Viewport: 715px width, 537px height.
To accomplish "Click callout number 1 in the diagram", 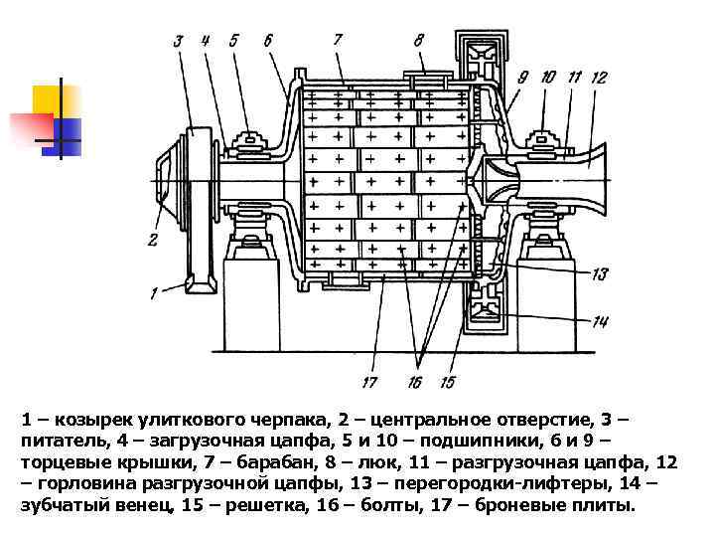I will (154, 291).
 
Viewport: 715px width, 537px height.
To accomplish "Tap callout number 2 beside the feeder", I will (152, 239).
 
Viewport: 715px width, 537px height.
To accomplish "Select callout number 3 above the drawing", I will (178, 42).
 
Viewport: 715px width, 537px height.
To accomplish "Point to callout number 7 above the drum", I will (337, 40).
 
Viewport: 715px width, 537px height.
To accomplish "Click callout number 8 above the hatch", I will (418, 40).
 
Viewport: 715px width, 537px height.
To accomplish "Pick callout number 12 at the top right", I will (598, 77).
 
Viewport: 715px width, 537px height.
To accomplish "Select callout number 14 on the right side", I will (600, 321).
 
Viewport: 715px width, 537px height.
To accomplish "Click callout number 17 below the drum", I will (369, 381).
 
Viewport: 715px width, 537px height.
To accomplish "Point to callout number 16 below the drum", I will (414, 382).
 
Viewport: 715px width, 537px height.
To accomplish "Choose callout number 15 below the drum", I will (447, 382).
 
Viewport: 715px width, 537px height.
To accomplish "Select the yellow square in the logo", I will (50, 103).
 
